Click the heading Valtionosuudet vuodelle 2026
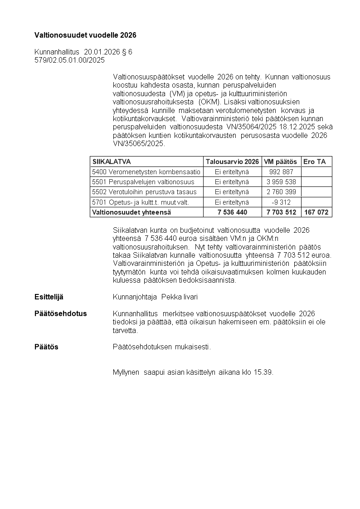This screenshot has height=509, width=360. coord(85,35)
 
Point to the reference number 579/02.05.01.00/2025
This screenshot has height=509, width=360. coord(69,60)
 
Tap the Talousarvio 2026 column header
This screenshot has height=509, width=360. coord(232,162)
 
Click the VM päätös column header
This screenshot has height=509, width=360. coord(280,162)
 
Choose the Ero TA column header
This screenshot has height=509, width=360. coord(314,162)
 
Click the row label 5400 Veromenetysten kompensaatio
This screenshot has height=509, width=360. coord(146,172)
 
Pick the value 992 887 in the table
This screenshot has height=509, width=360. coord(281,172)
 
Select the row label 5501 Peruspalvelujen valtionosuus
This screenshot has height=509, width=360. coord(143,182)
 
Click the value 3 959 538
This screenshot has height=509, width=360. coord(281,182)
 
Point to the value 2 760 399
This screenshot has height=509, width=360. coord(281,192)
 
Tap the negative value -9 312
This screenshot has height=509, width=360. coord(281,202)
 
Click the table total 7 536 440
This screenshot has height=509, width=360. coord(232,212)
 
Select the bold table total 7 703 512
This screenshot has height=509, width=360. coord(281,212)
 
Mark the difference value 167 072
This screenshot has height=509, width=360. coord(316,212)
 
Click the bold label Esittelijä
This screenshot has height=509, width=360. coord(49,297)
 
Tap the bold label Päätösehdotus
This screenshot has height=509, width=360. coord(61,313)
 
